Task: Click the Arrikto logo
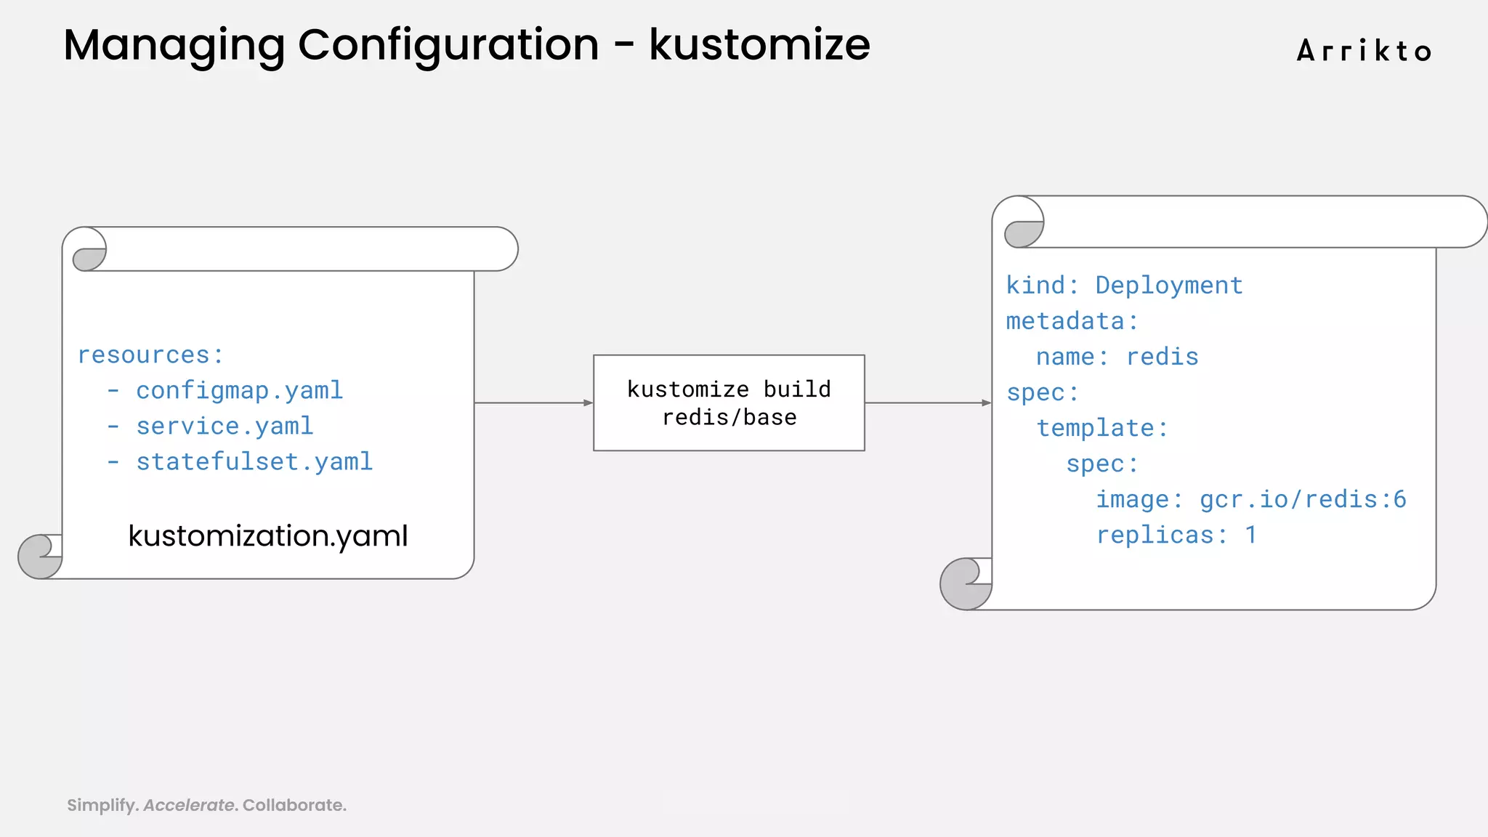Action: pos(1364,51)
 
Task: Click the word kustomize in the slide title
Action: pos(759,45)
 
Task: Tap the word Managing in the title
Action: pos(174,45)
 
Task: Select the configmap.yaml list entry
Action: pos(239,391)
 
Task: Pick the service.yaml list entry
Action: pos(225,426)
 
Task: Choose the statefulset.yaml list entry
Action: pos(254,462)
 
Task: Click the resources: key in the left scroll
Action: pos(150,355)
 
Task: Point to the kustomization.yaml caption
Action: pos(268,536)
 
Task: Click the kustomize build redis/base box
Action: pos(729,403)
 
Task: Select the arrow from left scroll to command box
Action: pos(533,403)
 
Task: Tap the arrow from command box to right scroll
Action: pos(928,403)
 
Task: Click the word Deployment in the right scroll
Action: pos(1168,286)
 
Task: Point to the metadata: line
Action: pos(1072,321)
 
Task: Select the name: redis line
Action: pos(1117,357)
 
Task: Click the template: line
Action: pos(1102,428)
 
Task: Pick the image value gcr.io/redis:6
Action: pos(1303,499)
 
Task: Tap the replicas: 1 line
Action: pos(1176,535)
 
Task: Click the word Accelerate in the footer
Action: pos(189,805)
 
